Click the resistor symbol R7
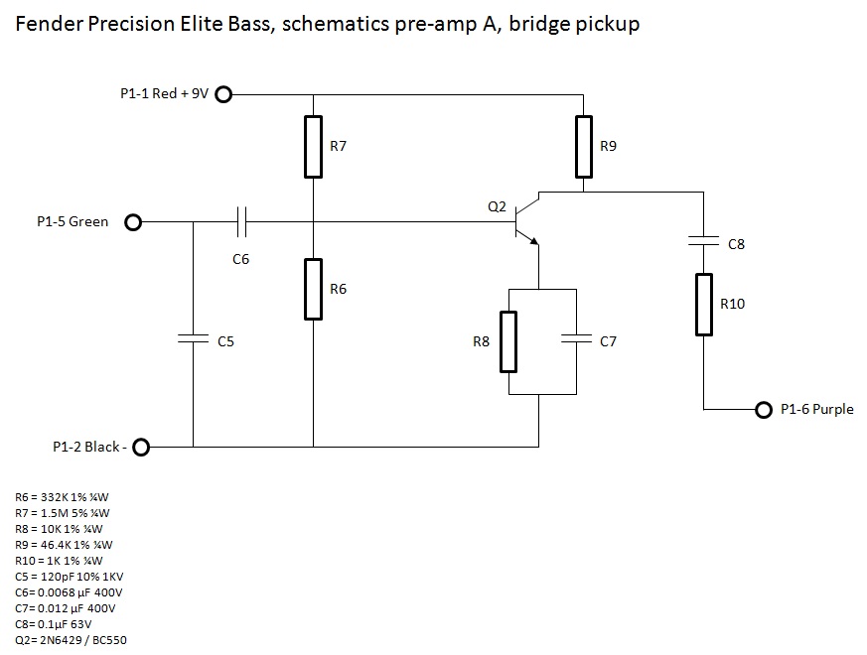(313, 146)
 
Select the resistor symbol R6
(313, 289)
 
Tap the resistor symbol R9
(583, 146)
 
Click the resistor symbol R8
(508, 340)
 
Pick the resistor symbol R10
(704, 304)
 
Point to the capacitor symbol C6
(241, 222)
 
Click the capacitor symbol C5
(194, 339)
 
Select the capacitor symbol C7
(576, 339)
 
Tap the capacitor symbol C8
(704, 242)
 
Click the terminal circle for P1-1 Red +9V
(223, 94)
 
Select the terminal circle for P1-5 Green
(133, 222)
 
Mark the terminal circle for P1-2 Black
(141, 448)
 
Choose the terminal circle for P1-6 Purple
(763, 409)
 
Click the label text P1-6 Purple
(816, 409)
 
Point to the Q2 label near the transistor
(497, 207)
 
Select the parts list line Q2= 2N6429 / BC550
(71, 639)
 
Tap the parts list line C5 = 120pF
(69, 576)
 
